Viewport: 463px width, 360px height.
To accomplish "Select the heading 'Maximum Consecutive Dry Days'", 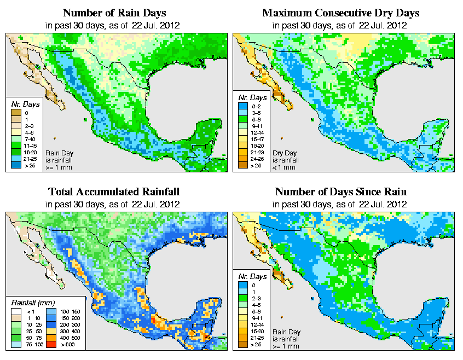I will tap(341, 13).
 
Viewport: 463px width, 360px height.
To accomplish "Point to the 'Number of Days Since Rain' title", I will tap(341, 192).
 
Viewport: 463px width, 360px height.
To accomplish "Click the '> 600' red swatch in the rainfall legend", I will tap(49, 346).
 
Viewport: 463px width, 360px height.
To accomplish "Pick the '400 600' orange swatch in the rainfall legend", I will tap(49, 339).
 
